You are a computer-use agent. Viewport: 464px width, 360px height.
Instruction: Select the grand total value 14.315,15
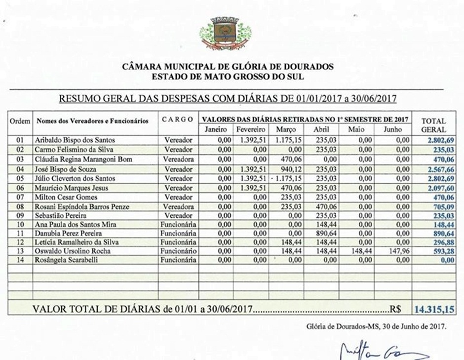click(433, 310)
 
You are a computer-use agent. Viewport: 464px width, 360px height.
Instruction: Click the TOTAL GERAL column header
click(433, 125)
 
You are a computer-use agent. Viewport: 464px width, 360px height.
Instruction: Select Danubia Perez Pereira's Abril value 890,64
click(327, 233)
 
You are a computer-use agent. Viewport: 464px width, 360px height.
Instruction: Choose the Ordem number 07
click(20, 198)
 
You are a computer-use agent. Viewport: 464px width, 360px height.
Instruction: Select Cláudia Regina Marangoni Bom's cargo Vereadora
click(178, 160)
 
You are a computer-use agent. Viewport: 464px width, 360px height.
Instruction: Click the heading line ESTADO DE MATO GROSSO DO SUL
click(228, 77)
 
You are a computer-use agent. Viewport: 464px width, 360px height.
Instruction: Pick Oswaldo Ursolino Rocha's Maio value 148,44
click(361, 251)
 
